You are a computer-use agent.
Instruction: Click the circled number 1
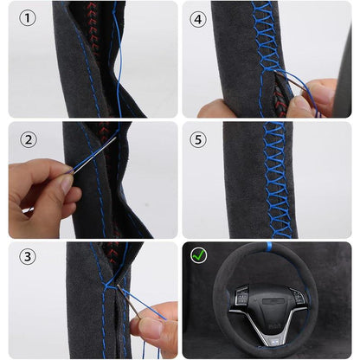coord(28,19)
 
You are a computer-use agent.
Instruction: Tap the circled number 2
coord(28,139)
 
